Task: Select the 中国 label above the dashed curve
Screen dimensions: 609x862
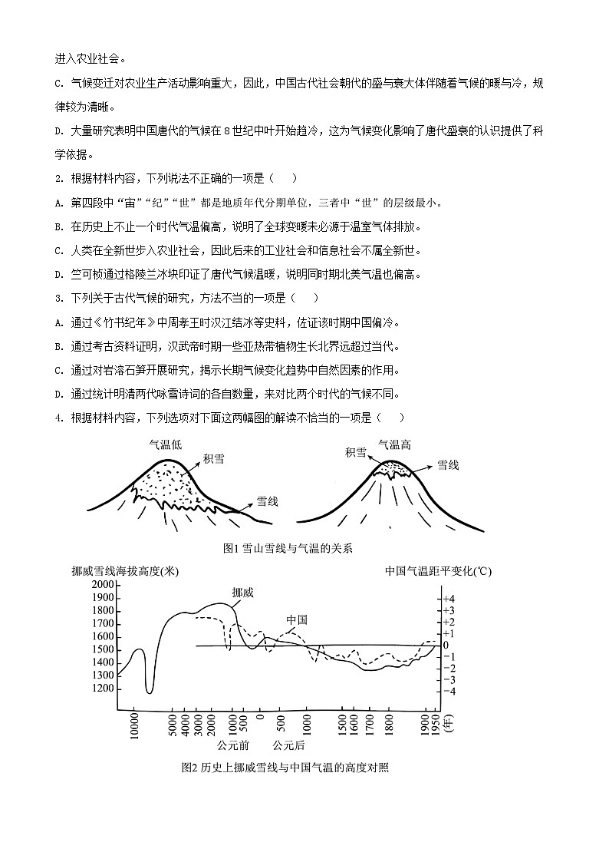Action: click(297, 619)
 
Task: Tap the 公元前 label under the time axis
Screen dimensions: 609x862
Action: click(232, 745)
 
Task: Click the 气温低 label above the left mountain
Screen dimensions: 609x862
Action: click(166, 444)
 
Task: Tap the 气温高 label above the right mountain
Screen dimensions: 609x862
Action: click(394, 444)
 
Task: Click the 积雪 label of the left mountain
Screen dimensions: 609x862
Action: click(214, 459)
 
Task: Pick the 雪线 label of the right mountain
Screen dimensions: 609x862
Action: click(448, 465)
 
